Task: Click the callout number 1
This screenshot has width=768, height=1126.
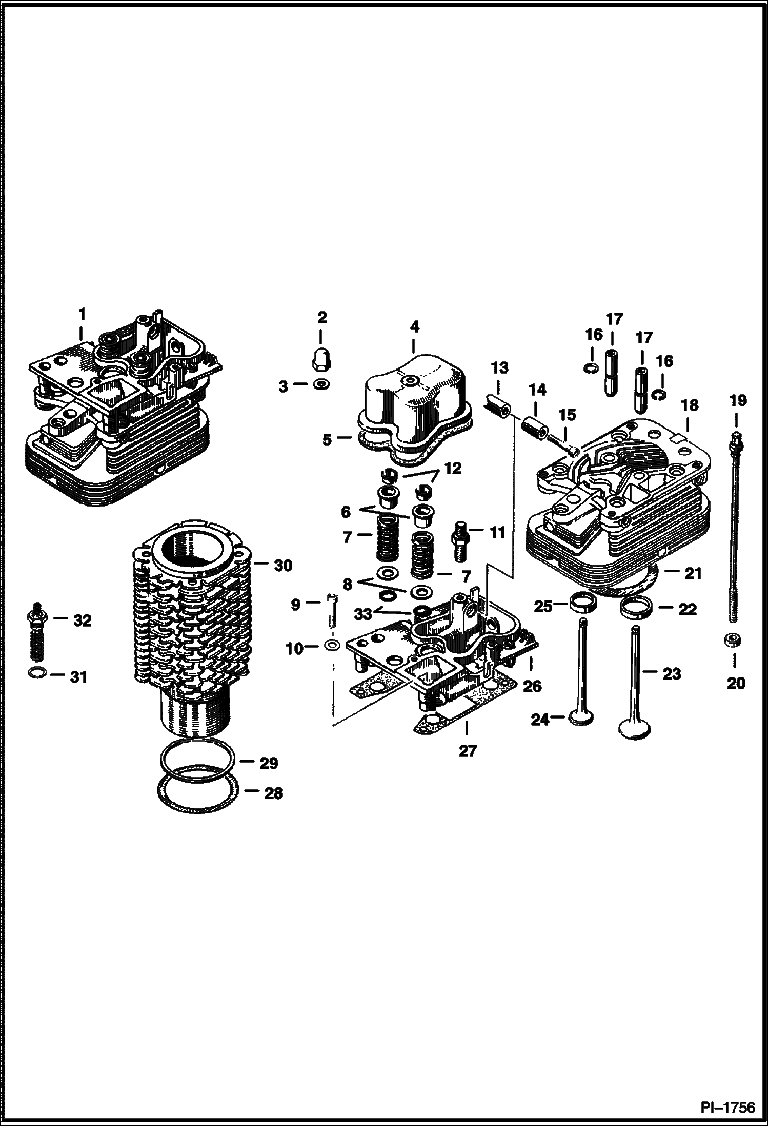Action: coord(82,314)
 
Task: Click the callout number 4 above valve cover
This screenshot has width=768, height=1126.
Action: coord(414,326)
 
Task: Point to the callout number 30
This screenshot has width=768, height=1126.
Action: coord(282,566)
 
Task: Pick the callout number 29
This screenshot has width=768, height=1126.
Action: coord(268,763)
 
